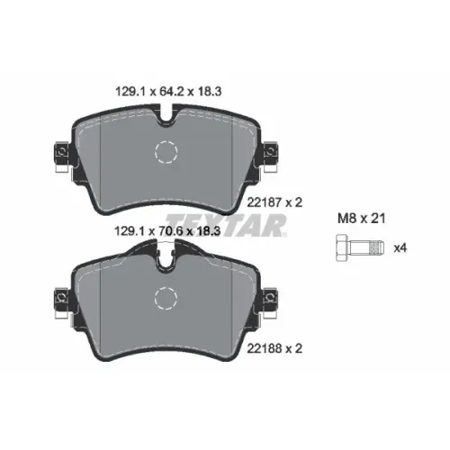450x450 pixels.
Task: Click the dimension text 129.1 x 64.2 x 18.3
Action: (168, 91)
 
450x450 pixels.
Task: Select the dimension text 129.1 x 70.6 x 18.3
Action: (167, 231)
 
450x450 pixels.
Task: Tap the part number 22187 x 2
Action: (274, 202)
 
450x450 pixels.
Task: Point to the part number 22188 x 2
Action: (274, 348)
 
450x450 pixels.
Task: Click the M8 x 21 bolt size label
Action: (361, 219)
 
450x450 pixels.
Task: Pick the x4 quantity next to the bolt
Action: (400, 248)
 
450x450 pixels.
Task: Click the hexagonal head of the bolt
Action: (342, 248)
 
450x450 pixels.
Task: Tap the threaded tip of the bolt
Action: (378, 248)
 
